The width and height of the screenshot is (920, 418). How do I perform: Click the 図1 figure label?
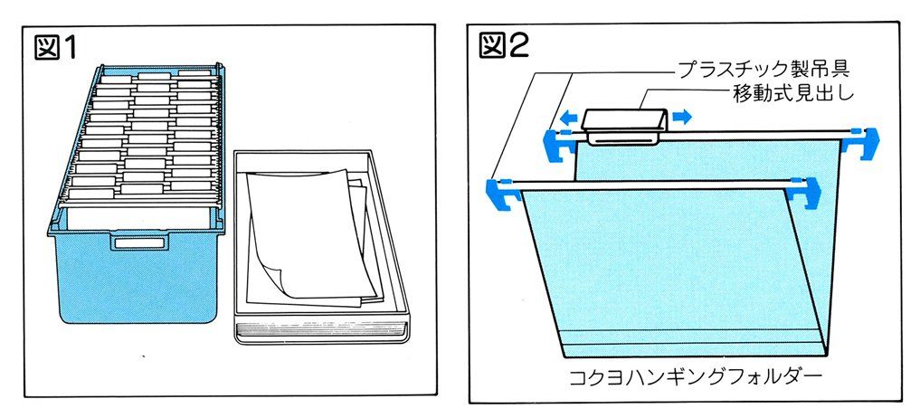click(x=57, y=46)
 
